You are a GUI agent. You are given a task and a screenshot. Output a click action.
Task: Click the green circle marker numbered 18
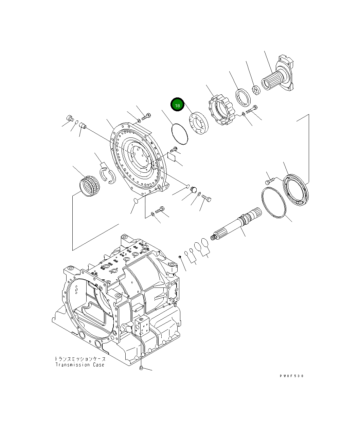click(x=177, y=105)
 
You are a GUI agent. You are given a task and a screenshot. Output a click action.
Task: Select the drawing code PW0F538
click(x=291, y=376)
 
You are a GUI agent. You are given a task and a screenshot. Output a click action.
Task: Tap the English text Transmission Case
click(x=80, y=365)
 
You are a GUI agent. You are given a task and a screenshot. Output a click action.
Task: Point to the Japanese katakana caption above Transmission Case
click(x=80, y=359)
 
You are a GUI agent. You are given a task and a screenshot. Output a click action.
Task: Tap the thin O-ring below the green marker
click(x=179, y=134)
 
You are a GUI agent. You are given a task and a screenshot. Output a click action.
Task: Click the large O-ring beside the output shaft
click(x=274, y=202)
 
